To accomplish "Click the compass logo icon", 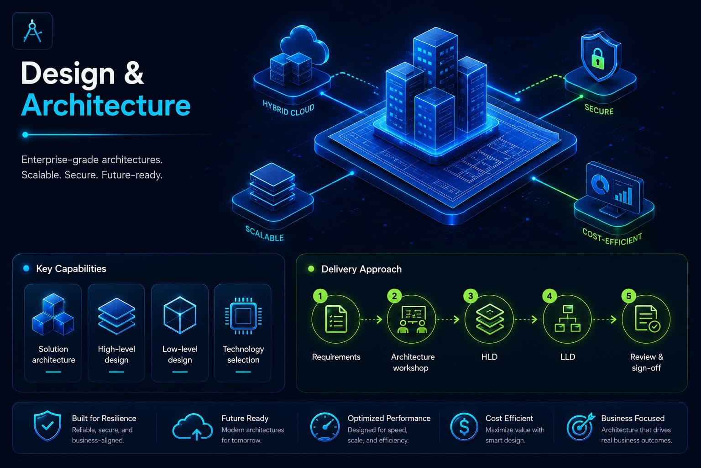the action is (32, 31).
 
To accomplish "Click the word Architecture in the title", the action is (106, 105).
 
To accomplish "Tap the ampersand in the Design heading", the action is (134, 73).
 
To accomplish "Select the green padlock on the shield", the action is (597, 58).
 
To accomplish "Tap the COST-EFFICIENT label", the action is (612, 237).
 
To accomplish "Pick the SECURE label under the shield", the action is (599, 110).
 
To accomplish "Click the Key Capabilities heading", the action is (71, 269).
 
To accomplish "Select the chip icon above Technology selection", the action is (243, 316).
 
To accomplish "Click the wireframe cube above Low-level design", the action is (180, 315).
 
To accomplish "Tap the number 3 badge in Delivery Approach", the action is (471, 296).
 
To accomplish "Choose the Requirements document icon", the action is (336, 319).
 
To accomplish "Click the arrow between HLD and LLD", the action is (526, 319).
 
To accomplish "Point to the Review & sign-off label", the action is (647, 362).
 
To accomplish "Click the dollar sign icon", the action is (464, 426).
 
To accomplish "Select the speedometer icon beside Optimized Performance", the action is (325, 426).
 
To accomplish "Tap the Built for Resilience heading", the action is (104, 418).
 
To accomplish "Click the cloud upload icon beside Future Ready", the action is (193, 426).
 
